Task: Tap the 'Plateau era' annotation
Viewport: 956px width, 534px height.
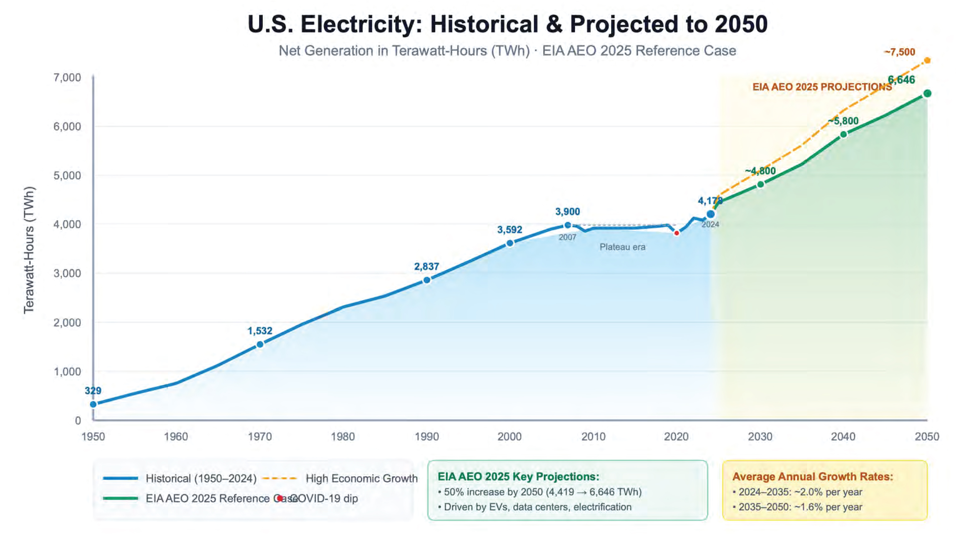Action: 622,247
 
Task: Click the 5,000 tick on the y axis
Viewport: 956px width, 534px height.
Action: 67,175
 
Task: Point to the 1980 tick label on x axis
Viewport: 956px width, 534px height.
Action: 343,436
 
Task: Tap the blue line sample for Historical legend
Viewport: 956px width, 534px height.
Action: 121,478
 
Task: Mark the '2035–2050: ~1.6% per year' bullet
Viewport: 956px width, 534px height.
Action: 800,507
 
